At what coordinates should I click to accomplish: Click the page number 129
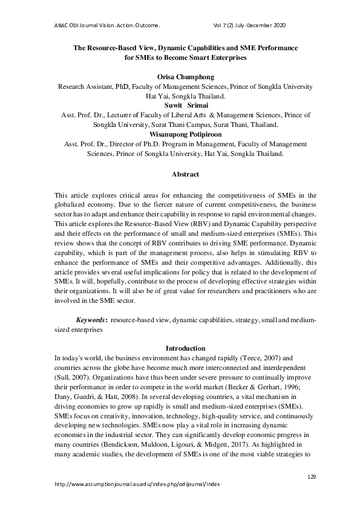pos(312,476)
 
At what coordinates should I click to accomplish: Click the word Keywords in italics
pos(91,319)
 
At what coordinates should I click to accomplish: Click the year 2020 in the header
pos(278,25)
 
